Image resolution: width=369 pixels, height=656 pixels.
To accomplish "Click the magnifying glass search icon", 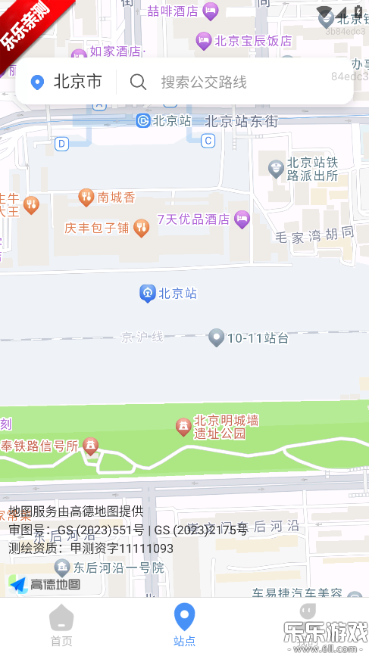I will [x=138, y=82].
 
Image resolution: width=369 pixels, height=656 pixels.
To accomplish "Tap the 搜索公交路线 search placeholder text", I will [x=203, y=82].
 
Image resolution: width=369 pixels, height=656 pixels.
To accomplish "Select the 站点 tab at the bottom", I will [x=184, y=626].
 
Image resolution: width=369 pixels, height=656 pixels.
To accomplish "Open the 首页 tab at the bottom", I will [x=61, y=626].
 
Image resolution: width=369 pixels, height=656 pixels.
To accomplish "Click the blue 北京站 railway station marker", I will [x=148, y=294].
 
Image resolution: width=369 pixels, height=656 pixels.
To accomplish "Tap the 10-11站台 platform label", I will [x=258, y=338].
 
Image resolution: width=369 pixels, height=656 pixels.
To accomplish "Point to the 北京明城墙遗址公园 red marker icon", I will [x=183, y=427].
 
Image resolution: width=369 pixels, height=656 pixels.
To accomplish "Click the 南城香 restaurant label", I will [x=116, y=197].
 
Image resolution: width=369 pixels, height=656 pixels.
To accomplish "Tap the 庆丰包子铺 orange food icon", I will [x=141, y=227].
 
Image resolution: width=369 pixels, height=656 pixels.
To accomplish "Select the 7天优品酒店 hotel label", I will [x=193, y=219].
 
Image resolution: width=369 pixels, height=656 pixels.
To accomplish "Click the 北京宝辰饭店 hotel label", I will [x=253, y=41].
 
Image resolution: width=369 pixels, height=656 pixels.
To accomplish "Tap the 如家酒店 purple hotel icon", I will [x=79, y=54].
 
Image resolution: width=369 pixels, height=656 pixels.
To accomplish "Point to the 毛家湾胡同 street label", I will [x=315, y=235].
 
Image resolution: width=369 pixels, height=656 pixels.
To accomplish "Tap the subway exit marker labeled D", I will [x=62, y=143].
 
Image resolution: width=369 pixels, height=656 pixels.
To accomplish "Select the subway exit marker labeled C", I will [x=208, y=140].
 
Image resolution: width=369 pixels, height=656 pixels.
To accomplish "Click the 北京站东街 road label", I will [x=242, y=121].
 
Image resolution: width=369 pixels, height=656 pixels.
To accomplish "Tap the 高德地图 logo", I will [x=45, y=584].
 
